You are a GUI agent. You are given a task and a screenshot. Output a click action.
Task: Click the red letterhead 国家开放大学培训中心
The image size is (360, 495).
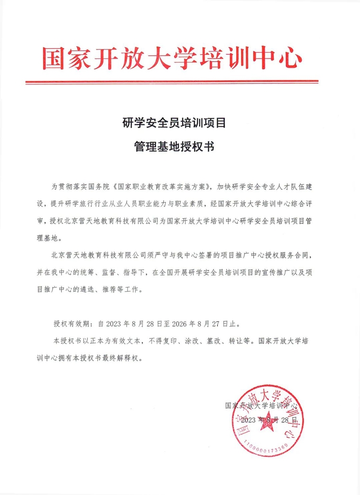point(172,58)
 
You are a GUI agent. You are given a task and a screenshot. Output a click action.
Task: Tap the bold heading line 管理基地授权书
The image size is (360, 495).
point(174,146)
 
